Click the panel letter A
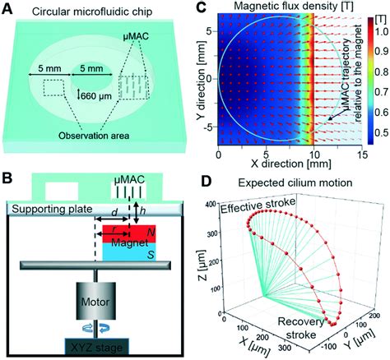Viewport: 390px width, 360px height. point(9,10)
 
